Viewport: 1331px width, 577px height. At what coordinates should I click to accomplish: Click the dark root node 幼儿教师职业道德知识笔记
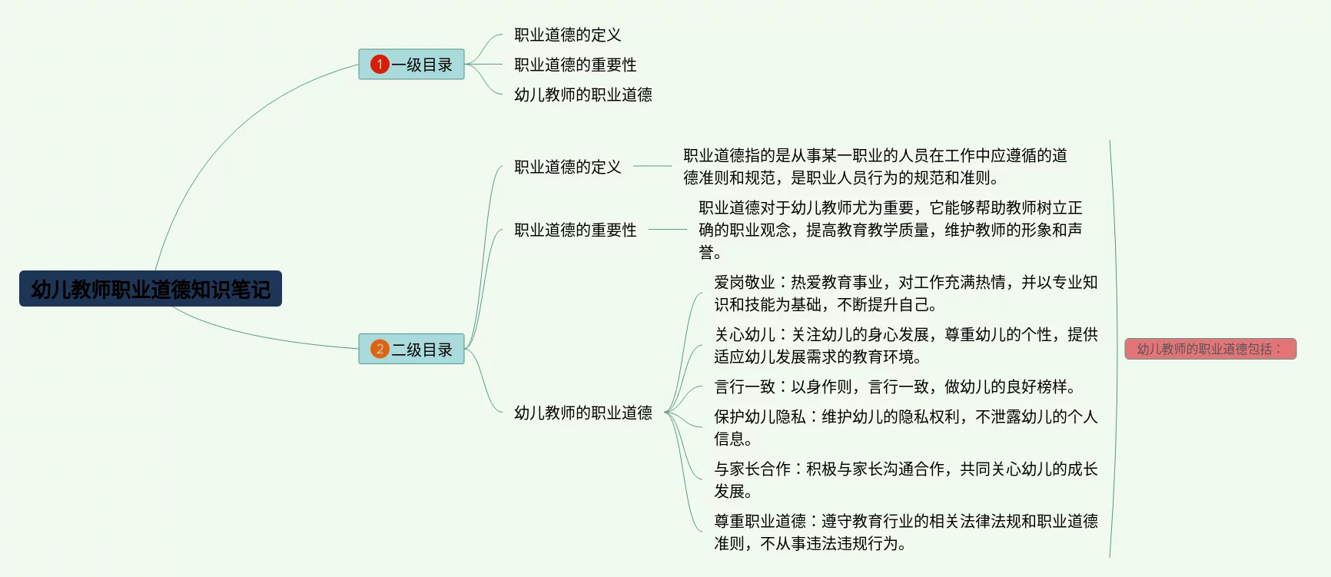(x=151, y=289)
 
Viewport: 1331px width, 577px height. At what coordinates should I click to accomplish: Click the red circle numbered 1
(x=380, y=65)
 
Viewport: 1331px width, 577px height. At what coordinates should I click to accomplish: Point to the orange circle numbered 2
(x=380, y=350)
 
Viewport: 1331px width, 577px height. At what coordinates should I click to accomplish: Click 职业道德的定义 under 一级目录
(x=567, y=35)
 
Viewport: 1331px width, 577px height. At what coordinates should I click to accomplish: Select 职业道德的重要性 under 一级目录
(x=575, y=65)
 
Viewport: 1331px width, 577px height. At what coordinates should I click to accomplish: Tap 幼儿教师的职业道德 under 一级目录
(x=583, y=95)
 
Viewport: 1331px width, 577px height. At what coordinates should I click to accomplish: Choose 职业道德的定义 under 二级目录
(x=567, y=167)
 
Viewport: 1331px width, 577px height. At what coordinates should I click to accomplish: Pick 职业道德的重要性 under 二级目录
(x=575, y=230)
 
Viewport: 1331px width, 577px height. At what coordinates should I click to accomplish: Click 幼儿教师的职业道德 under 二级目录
(x=583, y=413)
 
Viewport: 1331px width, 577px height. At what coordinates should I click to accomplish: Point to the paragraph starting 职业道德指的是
(x=875, y=167)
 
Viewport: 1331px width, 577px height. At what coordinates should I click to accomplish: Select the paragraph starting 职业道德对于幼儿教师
(x=890, y=230)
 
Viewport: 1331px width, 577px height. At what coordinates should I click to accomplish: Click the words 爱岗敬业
(x=744, y=283)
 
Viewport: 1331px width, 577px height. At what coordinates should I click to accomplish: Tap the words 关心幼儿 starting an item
(x=744, y=335)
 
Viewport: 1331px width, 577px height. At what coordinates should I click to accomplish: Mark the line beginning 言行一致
(x=894, y=386)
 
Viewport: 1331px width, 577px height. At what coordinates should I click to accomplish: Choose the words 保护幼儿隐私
(x=759, y=417)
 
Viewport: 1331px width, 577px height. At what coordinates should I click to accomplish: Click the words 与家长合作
(x=752, y=469)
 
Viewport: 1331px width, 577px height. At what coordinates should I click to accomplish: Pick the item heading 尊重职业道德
(x=759, y=522)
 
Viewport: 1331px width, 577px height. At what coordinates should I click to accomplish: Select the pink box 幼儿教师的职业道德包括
(x=1210, y=349)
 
